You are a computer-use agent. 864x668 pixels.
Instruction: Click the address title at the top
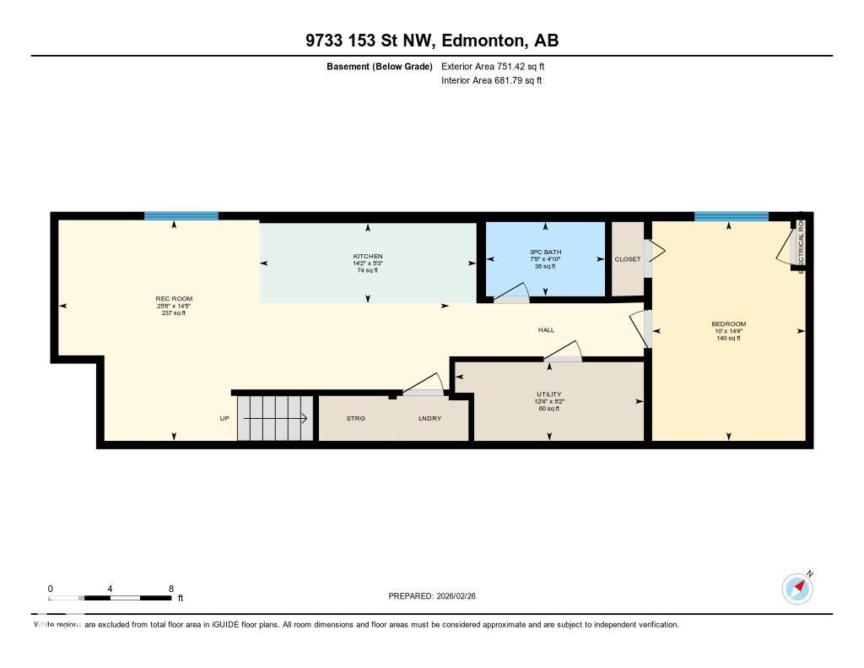pyautogui.click(x=431, y=41)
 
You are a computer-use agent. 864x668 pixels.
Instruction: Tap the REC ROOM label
pyautogui.click(x=168, y=299)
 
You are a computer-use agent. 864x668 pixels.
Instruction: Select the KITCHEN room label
pyautogui.click(x=368, y=257)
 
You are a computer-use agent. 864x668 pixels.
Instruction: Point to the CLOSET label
pyautogui.click(x=627, y=259)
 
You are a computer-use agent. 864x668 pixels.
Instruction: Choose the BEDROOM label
pyautogui.click(x=728, y=324)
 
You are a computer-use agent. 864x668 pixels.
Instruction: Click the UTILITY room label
pyautogui.click(x=548, y=394)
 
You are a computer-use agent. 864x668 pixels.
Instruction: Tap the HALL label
pyautogui.click(x=547, y=330)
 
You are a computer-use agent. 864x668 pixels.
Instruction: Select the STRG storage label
pyautogui.click(x=355, y=419)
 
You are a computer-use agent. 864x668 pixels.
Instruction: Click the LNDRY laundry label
pyautogui.click(x=429, y=419)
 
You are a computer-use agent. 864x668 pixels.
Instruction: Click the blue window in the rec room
pyautogui.click(x=181, y=216)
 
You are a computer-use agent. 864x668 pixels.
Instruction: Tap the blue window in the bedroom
pyautogui.click(x=731, y=217)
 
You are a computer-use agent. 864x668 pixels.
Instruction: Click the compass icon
pyautogui.click(x=797, y=588)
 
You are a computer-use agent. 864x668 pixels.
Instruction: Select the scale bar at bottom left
pyautogui.click(x=112, y=598)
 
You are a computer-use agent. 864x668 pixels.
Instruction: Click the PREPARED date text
pyautogui.click(x=437, y=596)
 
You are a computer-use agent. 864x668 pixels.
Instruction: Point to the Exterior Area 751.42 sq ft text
pyautogui.click(x=499, y=66)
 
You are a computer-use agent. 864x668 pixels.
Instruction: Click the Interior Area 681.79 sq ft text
pyautogui.click(x=491, y=81)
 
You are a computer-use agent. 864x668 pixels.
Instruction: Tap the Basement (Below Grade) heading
pyautogui.click(x=380, y=66)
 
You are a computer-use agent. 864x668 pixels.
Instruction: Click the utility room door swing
pyautogui.click(x=565, y=351)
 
